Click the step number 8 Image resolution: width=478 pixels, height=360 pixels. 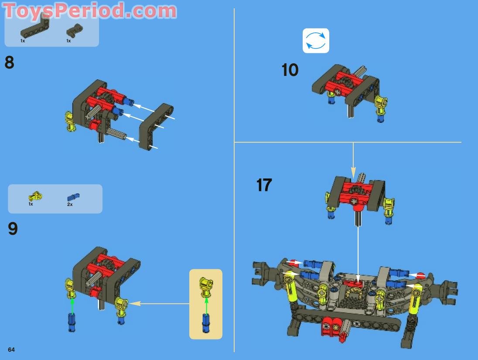(x=9, y=63)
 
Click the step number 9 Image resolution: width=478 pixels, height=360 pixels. (x=13, y=229)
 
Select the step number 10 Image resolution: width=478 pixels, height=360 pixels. (x=290, y=70)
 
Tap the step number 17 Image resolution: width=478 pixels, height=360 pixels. (x=264, y=185)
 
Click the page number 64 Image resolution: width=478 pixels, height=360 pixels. (x=11, y=350)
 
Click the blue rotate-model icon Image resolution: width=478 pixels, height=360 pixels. (x=316, y=41)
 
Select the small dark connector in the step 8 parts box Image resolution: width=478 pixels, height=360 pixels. (x=75, y=31)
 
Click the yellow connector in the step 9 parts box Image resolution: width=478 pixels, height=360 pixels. (x=35, y=196)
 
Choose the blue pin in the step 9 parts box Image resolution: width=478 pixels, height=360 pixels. (x=73, y=197)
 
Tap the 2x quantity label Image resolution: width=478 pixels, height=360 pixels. (x=70, y=204)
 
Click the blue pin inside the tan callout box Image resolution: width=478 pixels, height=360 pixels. (x=205, y=322)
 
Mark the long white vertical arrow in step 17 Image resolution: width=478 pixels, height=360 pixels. (x=358, y=253)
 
